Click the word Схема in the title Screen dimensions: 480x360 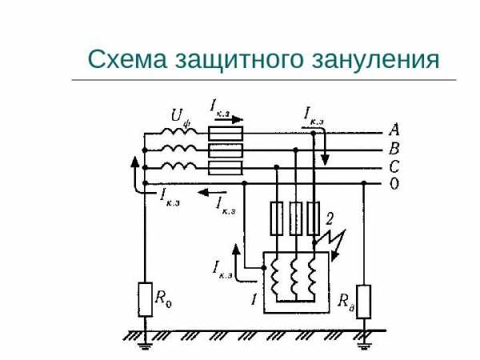point(127,58)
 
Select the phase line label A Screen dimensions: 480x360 point(394,130)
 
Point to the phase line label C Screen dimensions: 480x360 point(394,167)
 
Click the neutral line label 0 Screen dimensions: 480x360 point(394,184)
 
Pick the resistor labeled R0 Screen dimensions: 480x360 point(145,299)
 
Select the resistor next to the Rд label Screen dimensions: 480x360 point(364,302)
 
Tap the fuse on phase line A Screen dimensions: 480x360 point(226,134)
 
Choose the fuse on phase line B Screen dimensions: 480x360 point(226,150)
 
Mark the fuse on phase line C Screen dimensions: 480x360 point(226,168)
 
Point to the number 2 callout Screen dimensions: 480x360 point(329,218)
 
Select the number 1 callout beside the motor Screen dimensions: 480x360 point(254,299)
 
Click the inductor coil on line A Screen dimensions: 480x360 point(179,131)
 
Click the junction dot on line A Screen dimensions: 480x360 point(313,134)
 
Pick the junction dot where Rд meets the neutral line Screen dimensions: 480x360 point(364,183)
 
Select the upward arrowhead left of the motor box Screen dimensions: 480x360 point(236,250)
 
